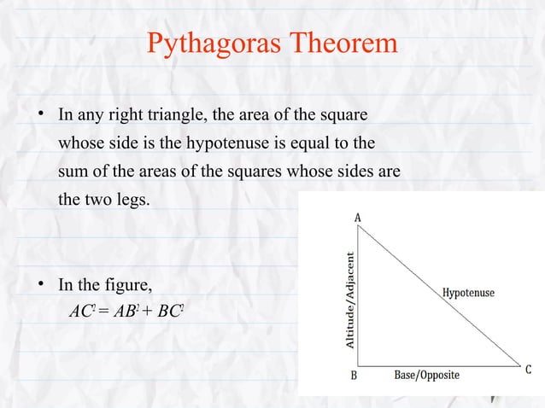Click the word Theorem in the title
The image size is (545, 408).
pos(345,43)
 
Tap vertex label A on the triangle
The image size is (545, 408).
pos(357,218)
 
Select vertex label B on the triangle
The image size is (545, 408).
pos(354,375)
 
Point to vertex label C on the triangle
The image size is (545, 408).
pos(528,370)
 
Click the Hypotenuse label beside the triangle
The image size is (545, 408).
pos(468,293)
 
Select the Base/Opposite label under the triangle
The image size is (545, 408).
pos(426,376)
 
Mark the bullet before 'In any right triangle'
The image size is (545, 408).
pos(40,113)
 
